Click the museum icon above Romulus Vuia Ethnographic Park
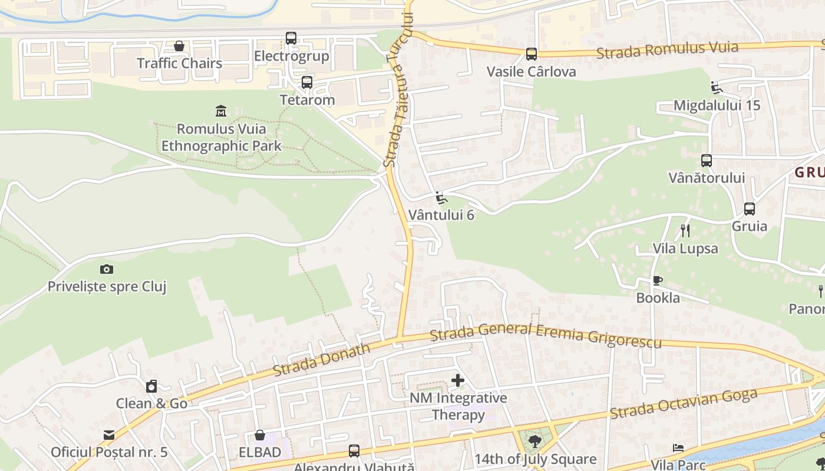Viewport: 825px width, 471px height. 221,111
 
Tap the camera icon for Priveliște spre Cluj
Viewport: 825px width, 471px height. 107,269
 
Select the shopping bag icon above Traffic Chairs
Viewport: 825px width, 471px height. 179,45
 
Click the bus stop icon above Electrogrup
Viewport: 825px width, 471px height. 291,38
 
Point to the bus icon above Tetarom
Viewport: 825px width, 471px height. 307,82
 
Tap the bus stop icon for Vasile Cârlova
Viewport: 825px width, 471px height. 532,54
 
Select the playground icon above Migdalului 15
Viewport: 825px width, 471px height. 717,88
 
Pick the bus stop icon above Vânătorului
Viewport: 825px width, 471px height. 707,160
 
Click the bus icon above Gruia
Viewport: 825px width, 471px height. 750,208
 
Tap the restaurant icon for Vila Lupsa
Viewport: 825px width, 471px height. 685,230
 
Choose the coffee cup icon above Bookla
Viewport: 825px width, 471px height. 658,280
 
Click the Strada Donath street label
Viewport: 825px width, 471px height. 322,359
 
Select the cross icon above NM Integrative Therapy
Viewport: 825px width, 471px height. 458,380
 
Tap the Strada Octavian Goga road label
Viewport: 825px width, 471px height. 684,404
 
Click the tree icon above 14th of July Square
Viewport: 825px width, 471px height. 535,442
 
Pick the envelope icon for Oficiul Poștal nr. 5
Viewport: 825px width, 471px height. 109,435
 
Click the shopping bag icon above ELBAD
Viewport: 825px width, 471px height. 260,435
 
